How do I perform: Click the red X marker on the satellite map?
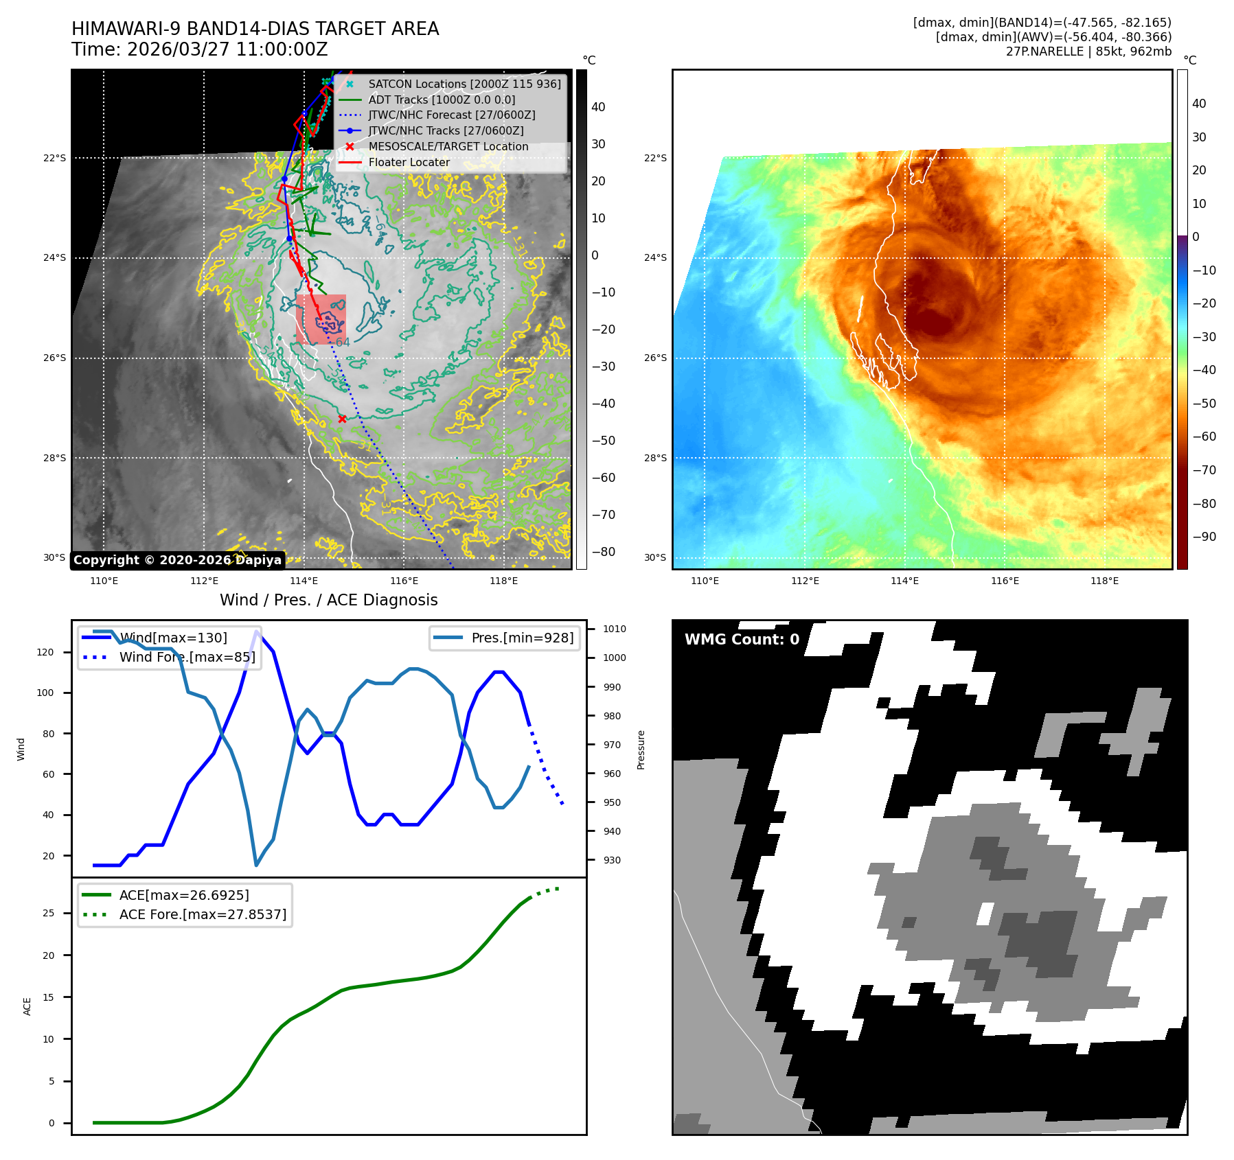tap(342, 419)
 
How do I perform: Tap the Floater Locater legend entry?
tap(409, 163)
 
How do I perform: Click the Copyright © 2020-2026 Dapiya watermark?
tap(177, 560)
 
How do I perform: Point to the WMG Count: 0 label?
tap(742, 640)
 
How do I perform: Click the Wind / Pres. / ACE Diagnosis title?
tap(328, 600)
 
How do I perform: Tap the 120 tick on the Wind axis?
tap(45, 652)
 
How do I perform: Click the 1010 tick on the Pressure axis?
tap(614, 629)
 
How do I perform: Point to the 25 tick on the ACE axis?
tap(48, 913)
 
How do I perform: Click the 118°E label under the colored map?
tap(1104, 581)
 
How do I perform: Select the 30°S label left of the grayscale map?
tap(55, 557)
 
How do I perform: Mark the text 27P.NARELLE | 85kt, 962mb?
tap(1088, 51)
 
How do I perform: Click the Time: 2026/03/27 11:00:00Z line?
tap(199, 49)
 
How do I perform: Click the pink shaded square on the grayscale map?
tap(321, 319)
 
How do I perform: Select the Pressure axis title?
tap(641, 750)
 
